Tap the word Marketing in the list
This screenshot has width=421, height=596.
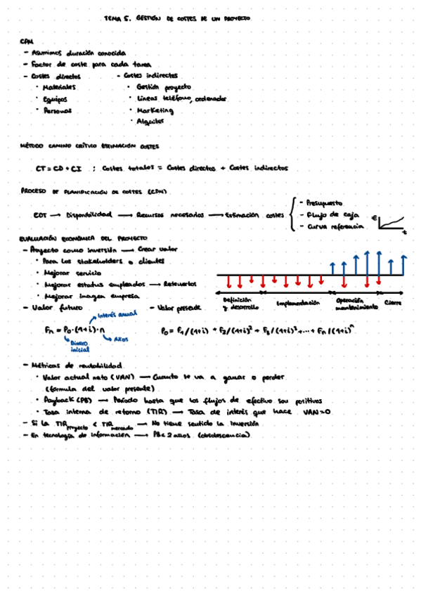(155, 110)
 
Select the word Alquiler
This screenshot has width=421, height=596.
(149, 122)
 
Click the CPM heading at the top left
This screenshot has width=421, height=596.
(27, 41)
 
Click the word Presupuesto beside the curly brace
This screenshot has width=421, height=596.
(325, 202)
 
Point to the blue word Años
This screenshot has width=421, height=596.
(121, 339)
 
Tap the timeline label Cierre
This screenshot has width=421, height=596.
(393, 302)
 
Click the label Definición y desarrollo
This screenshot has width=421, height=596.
(240, 304)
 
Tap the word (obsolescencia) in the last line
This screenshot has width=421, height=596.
(221, 435)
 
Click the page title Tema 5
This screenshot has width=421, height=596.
(117, 19)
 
